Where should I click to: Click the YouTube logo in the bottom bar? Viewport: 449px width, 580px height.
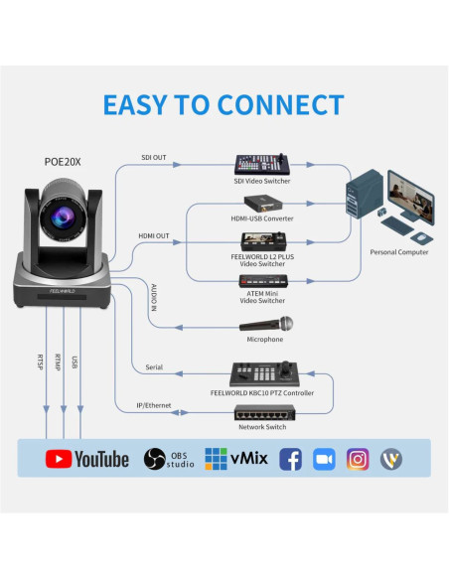pyautogui.click(x=87, y=459)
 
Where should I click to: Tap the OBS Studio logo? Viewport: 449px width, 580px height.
pyautogui.click(x=169, y=459)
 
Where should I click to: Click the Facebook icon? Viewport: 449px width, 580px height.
pyautogui.click(x=290, y=459)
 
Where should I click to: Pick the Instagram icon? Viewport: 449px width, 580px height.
pyautogui.click(x=358, y=459)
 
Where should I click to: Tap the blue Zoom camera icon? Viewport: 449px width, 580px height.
pyautogui.click(x=324, y=459)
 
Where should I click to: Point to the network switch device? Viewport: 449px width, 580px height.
pyautogui.click(x=263, y=412)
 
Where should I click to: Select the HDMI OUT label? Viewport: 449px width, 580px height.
pyautogui.click(x=154, y=235)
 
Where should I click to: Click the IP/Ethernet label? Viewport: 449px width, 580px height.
pyautogui.click(x=154, y=406)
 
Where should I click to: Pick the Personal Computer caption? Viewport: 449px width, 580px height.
pyautogui.click(x=399, y=252)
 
